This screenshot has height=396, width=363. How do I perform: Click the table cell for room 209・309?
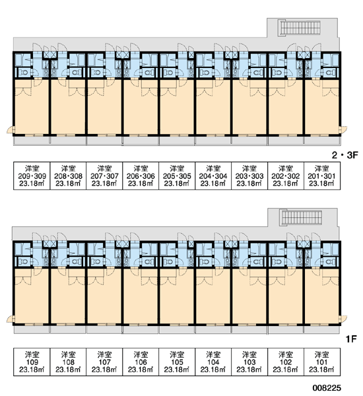(32, 176)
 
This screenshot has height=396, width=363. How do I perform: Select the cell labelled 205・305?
(177, 176)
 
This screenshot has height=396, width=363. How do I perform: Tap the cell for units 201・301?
(322, 176)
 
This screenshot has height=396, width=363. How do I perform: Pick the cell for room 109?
(32, 362)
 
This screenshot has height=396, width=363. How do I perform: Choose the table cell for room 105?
(177, 362)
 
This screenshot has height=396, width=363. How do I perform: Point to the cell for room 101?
(322, 362)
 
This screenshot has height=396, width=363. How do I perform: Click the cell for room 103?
(249, 362)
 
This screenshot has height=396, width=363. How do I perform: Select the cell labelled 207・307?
(104, 176)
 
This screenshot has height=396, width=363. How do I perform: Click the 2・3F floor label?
(345, 155)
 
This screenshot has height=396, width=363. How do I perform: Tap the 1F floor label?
(351, 339)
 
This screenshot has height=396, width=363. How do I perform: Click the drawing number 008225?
(327, 387)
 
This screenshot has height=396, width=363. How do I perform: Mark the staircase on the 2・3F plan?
(300, 28)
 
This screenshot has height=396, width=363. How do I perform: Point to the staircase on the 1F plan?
(302, 217)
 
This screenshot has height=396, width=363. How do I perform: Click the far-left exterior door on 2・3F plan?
(10, 129)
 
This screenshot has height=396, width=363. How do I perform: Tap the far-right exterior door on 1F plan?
(343, 319)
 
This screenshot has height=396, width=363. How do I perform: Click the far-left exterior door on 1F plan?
(10, 319)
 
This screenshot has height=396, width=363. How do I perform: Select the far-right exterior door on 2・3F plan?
(343, 129)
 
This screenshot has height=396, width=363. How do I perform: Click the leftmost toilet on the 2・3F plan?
(24, 73)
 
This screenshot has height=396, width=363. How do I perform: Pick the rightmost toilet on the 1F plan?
(329, 262)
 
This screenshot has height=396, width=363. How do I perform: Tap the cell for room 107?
(104, 362)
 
